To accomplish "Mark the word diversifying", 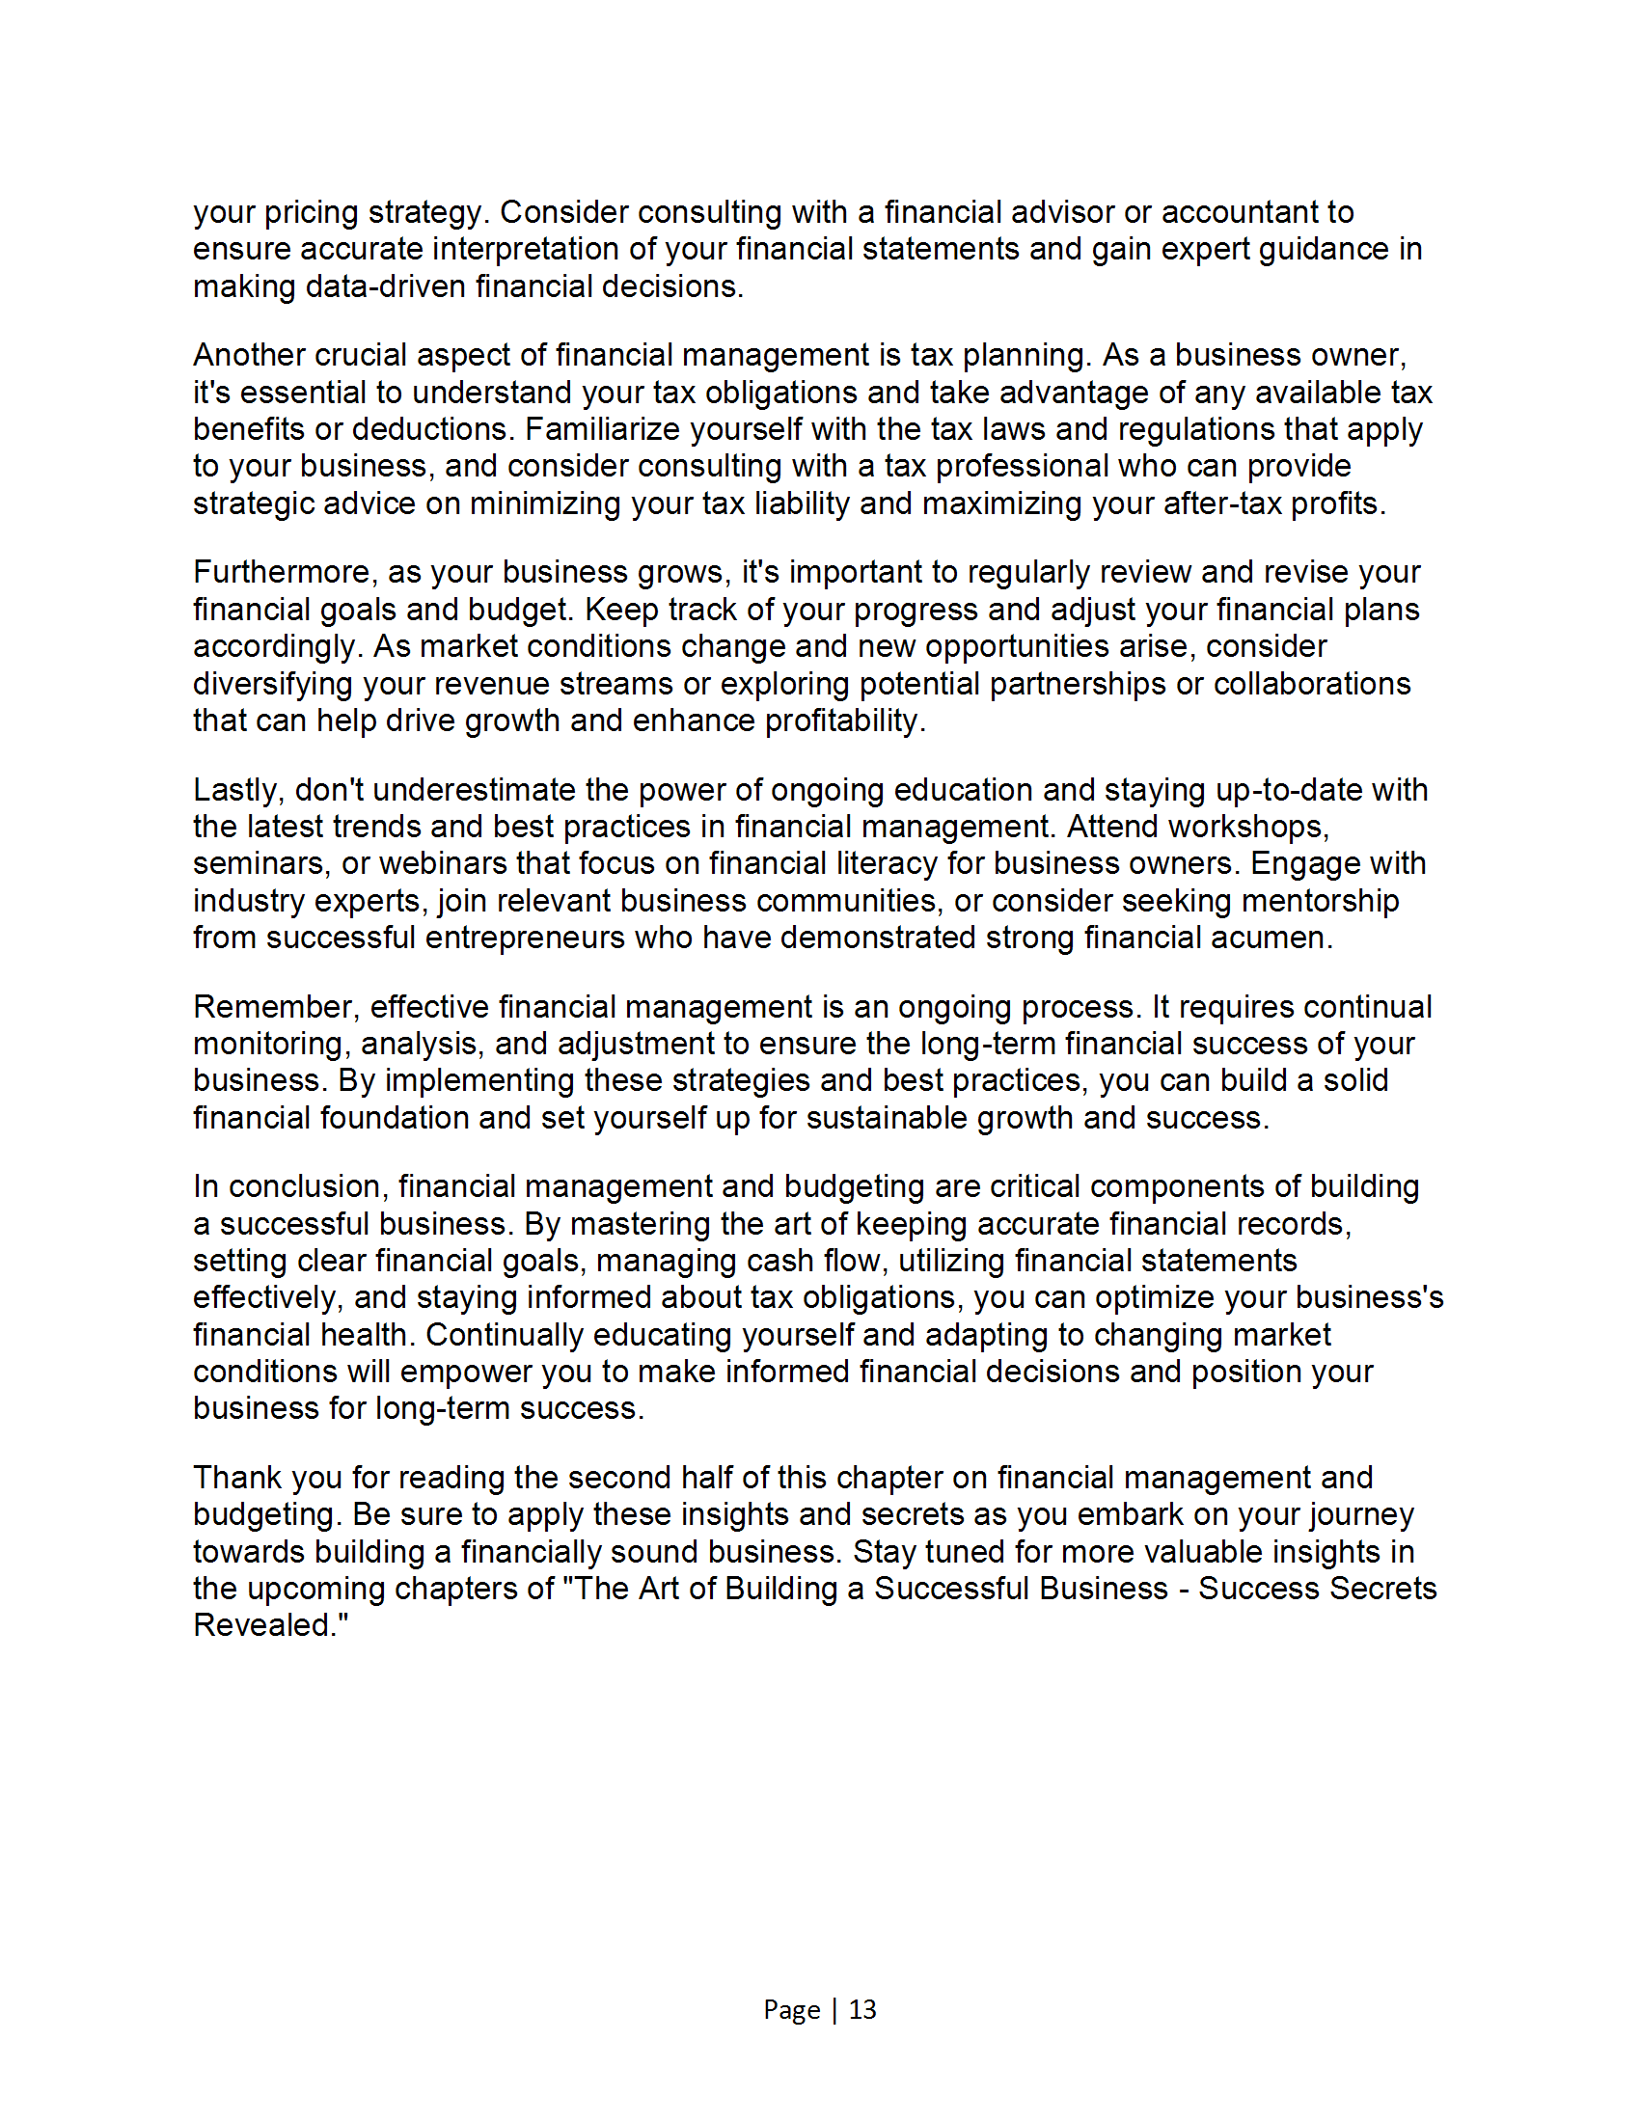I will pyautogui.click(x=273, y=684).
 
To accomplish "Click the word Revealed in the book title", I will pyautogui.click(x=264, y=1625).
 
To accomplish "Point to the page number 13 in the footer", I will pyautogui.click(x=862, y=2009).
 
